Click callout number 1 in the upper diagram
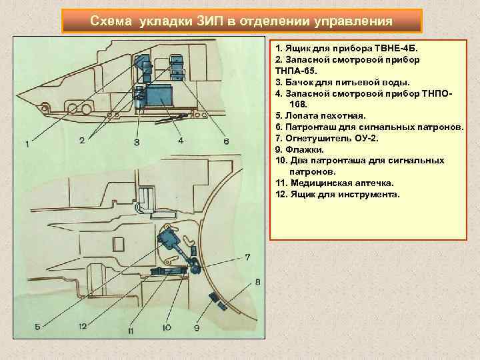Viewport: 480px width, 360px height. pyautogui.click(x=27, y=144)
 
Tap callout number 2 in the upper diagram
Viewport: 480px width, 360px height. pyautogui.click(x=81, y=140)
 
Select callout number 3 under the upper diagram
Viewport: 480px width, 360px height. pyautogui.click(x=137, y=142)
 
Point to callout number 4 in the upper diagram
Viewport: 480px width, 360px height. pyautogui.click(x=181, y=141)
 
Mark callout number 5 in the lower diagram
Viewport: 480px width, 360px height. pyautogui.click(x=38, y=326)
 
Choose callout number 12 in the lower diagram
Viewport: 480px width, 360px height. pyautogui.click(x=83, y=326)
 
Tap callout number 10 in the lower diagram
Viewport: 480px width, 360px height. pyautogui.click(x=166, y=327)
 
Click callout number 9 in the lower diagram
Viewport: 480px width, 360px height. pyautogui.click(x=197, y=327)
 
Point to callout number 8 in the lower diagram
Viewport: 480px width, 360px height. pyautogui.click(x=258, y=283)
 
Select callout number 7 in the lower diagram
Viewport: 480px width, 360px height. pyautogui.click(x=247, y=257)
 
